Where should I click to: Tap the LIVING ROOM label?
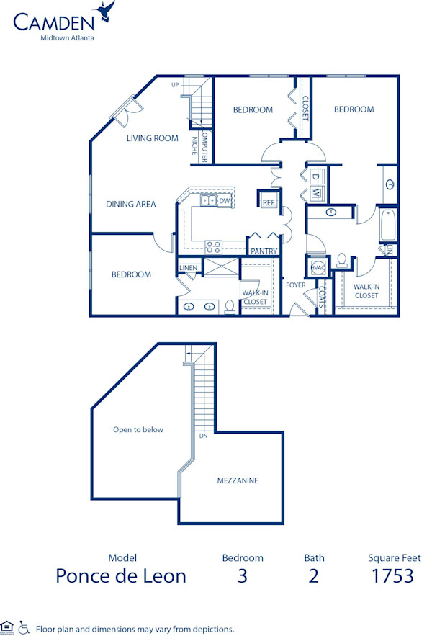point(152,138)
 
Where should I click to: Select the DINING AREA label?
point(131,204)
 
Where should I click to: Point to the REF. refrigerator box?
point(269,202)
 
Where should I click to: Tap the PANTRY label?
point(264,251)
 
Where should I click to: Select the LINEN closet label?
point(188,269)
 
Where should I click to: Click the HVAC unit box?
point(318,267)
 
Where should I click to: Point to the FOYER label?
point(295,285)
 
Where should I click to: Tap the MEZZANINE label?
point(238,480)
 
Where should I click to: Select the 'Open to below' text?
point(138,430)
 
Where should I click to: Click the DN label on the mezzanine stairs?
point(203,436)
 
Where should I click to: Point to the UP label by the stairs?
point(175,85)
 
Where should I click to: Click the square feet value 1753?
point(392,575)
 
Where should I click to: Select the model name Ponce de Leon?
point(121,575)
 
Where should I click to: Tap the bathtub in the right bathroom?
point(388,225)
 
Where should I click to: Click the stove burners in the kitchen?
point(213,246)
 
